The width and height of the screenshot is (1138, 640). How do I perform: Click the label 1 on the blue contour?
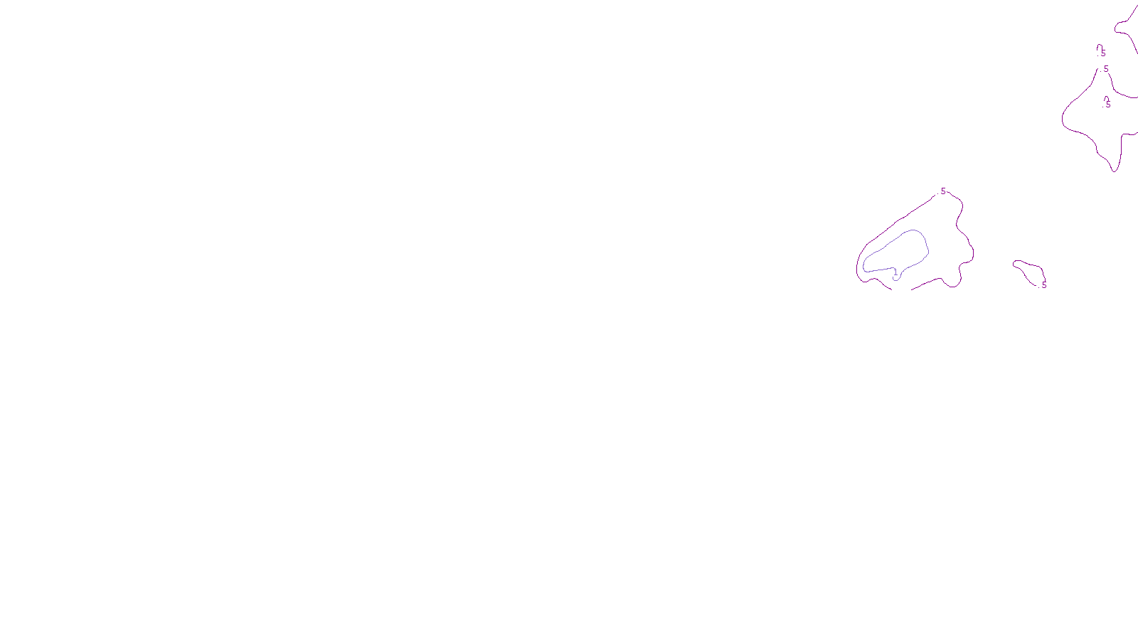pos(895,272)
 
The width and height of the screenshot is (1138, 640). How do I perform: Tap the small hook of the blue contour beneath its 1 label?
pos(895,279)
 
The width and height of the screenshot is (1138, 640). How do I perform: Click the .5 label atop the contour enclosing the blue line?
pos(942,191)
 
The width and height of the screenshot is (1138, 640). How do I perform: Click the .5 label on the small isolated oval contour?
pos(1043,285)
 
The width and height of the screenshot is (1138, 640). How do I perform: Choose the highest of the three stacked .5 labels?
pos(1102,53)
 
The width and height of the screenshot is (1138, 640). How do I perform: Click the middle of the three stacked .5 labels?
pos(1105,69)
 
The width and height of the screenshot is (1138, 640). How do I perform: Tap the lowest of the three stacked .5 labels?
pos(1107,105)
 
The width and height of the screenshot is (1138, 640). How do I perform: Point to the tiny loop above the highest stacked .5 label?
pos(1099,47)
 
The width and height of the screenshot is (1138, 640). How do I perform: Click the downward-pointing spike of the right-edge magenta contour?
pos(1115,169)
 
